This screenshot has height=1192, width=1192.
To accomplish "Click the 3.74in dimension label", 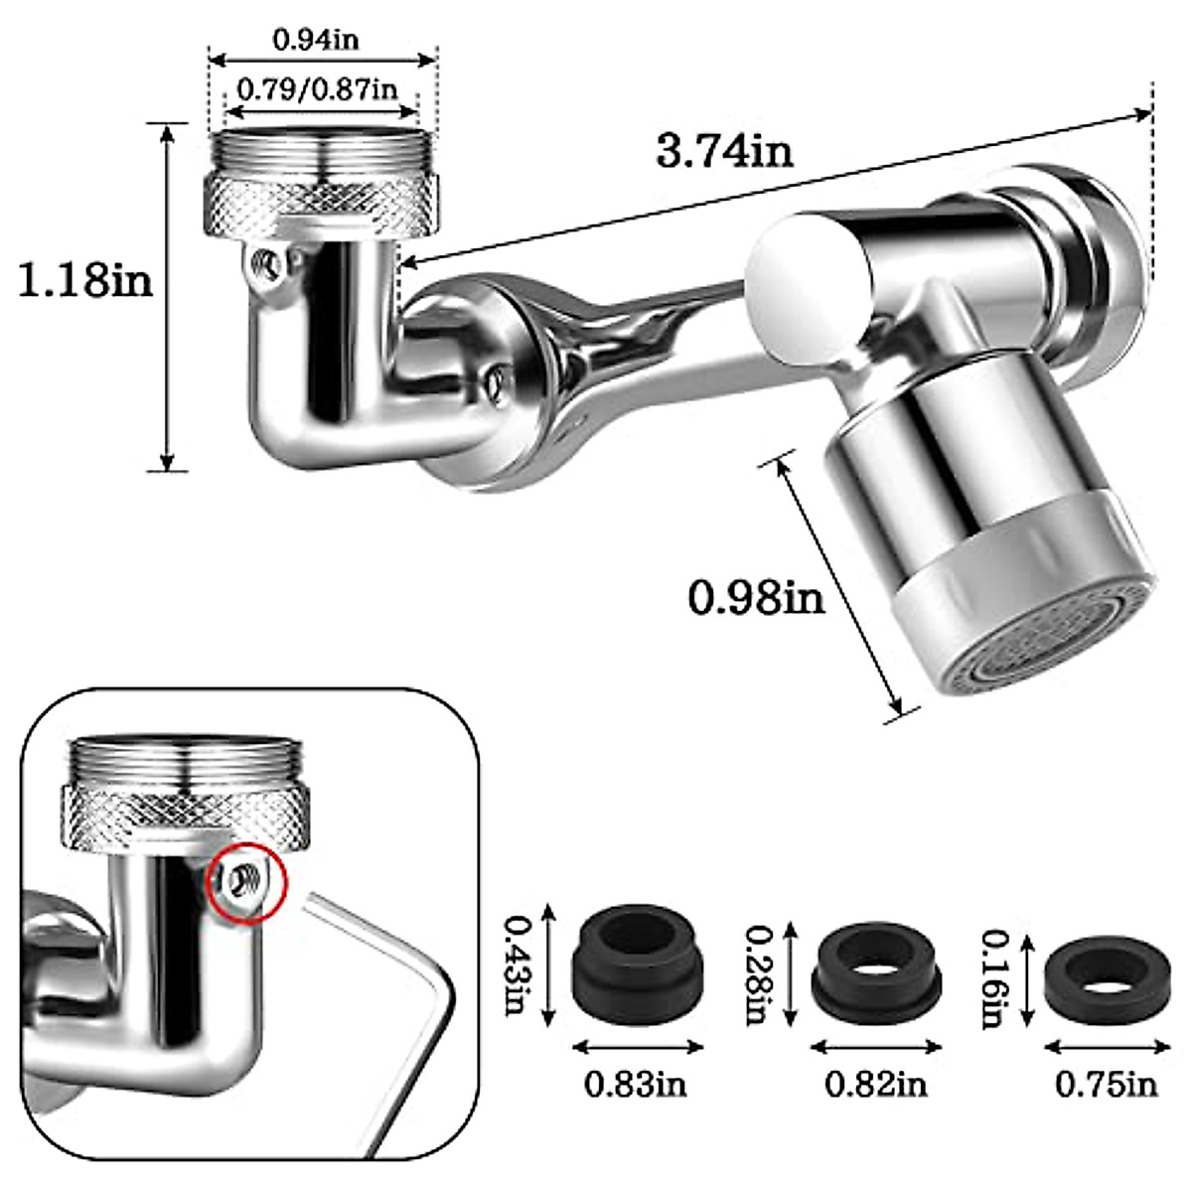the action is click(724, 151).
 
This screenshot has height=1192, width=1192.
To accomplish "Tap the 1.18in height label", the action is click(86, 280).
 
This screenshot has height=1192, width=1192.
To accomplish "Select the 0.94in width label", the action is click(316, 40).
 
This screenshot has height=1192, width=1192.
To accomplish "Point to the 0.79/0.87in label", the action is click(316, 89).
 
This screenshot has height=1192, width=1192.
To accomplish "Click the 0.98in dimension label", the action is click(757, 598).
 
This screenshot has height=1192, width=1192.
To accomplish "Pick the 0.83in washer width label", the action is click(636, 1084).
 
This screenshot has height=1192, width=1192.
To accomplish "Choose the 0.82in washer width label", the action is click(876, 1084).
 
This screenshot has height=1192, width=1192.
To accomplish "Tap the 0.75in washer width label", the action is click(1107, 1084).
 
